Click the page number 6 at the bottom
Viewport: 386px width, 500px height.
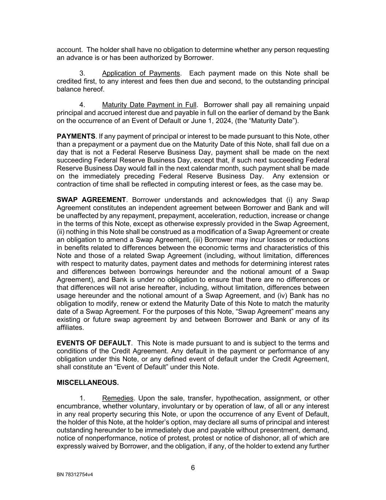click(193, 468)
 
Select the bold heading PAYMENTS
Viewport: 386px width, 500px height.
click(76, 136)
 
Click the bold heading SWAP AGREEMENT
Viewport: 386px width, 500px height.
click(91, 200)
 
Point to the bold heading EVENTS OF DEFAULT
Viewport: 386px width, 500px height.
click(94, 343)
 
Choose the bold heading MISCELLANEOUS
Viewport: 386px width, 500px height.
click(88, 383)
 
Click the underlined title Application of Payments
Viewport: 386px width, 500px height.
click(141, 73)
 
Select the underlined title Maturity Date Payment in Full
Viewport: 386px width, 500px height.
click(149, 105)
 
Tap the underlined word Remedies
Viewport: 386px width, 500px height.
click(118, 399)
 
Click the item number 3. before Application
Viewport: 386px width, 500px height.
click(82, 73)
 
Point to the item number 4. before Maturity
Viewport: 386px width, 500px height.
click(82, 105)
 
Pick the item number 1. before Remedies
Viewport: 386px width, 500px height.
click(82, 399)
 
